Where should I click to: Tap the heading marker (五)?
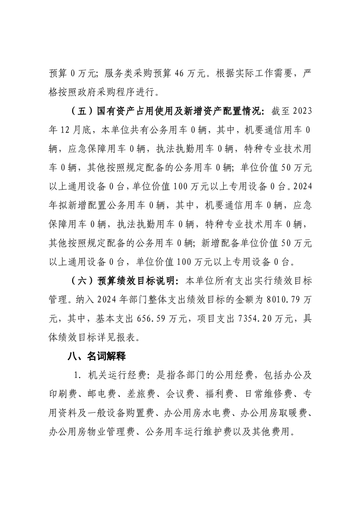(79, 112)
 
